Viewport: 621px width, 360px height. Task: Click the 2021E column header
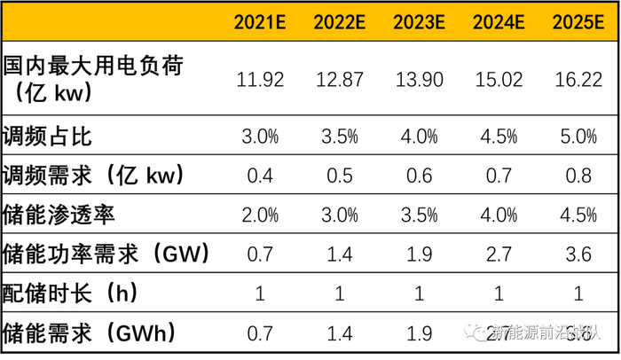click(260, 21)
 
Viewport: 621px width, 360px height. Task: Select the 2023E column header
click(416, 21)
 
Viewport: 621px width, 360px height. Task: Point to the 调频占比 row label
click(48, 137)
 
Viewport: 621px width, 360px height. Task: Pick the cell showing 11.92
click(260, 79)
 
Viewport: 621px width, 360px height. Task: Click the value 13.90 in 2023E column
click(416, 79)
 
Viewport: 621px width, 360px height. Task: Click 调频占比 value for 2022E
click(337, 137)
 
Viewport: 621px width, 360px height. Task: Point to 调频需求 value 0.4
click(260, 176)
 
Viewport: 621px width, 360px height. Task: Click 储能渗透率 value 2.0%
click(260, 215)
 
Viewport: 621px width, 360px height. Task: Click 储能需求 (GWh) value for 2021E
click(260, 333)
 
